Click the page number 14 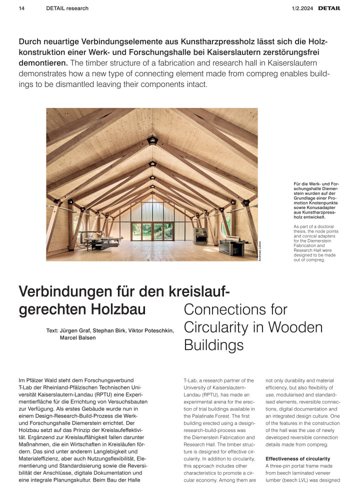point(21,8)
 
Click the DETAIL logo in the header point(329,8)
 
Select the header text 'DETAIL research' point(67,8)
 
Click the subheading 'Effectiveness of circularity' point(297,458)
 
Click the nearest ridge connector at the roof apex point(152,140)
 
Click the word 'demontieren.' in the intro point(42,63)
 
